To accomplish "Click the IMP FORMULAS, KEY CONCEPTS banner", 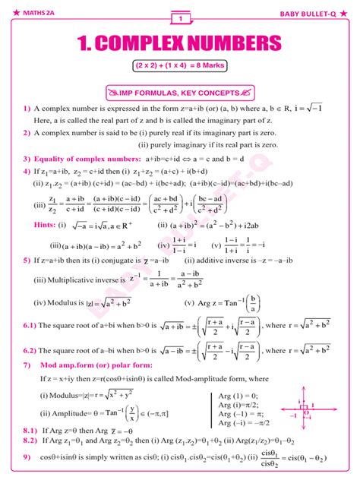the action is pyautogui.click(x=181, y=93).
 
